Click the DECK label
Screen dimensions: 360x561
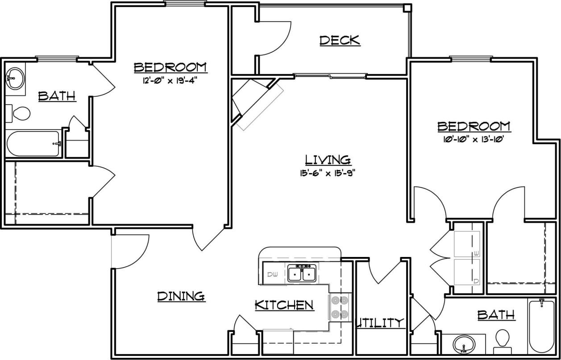pos(340,41)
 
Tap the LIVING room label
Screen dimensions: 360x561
pos(328,160)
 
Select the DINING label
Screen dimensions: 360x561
pos(181,296)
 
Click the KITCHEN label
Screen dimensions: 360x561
pos(284,305)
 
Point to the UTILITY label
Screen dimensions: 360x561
pos(380,323)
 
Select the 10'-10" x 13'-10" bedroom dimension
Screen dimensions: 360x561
pos(474,139)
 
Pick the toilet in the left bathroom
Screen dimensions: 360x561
pos(18,113)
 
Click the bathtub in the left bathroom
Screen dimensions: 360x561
pos(33,144)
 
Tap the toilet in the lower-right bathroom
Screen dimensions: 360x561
pos(503,339)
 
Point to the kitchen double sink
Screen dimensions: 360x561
pos(302,273)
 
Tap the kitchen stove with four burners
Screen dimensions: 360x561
pos(339,308)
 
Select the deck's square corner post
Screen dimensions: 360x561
pos(407,8)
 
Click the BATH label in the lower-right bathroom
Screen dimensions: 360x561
pos(496,315)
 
